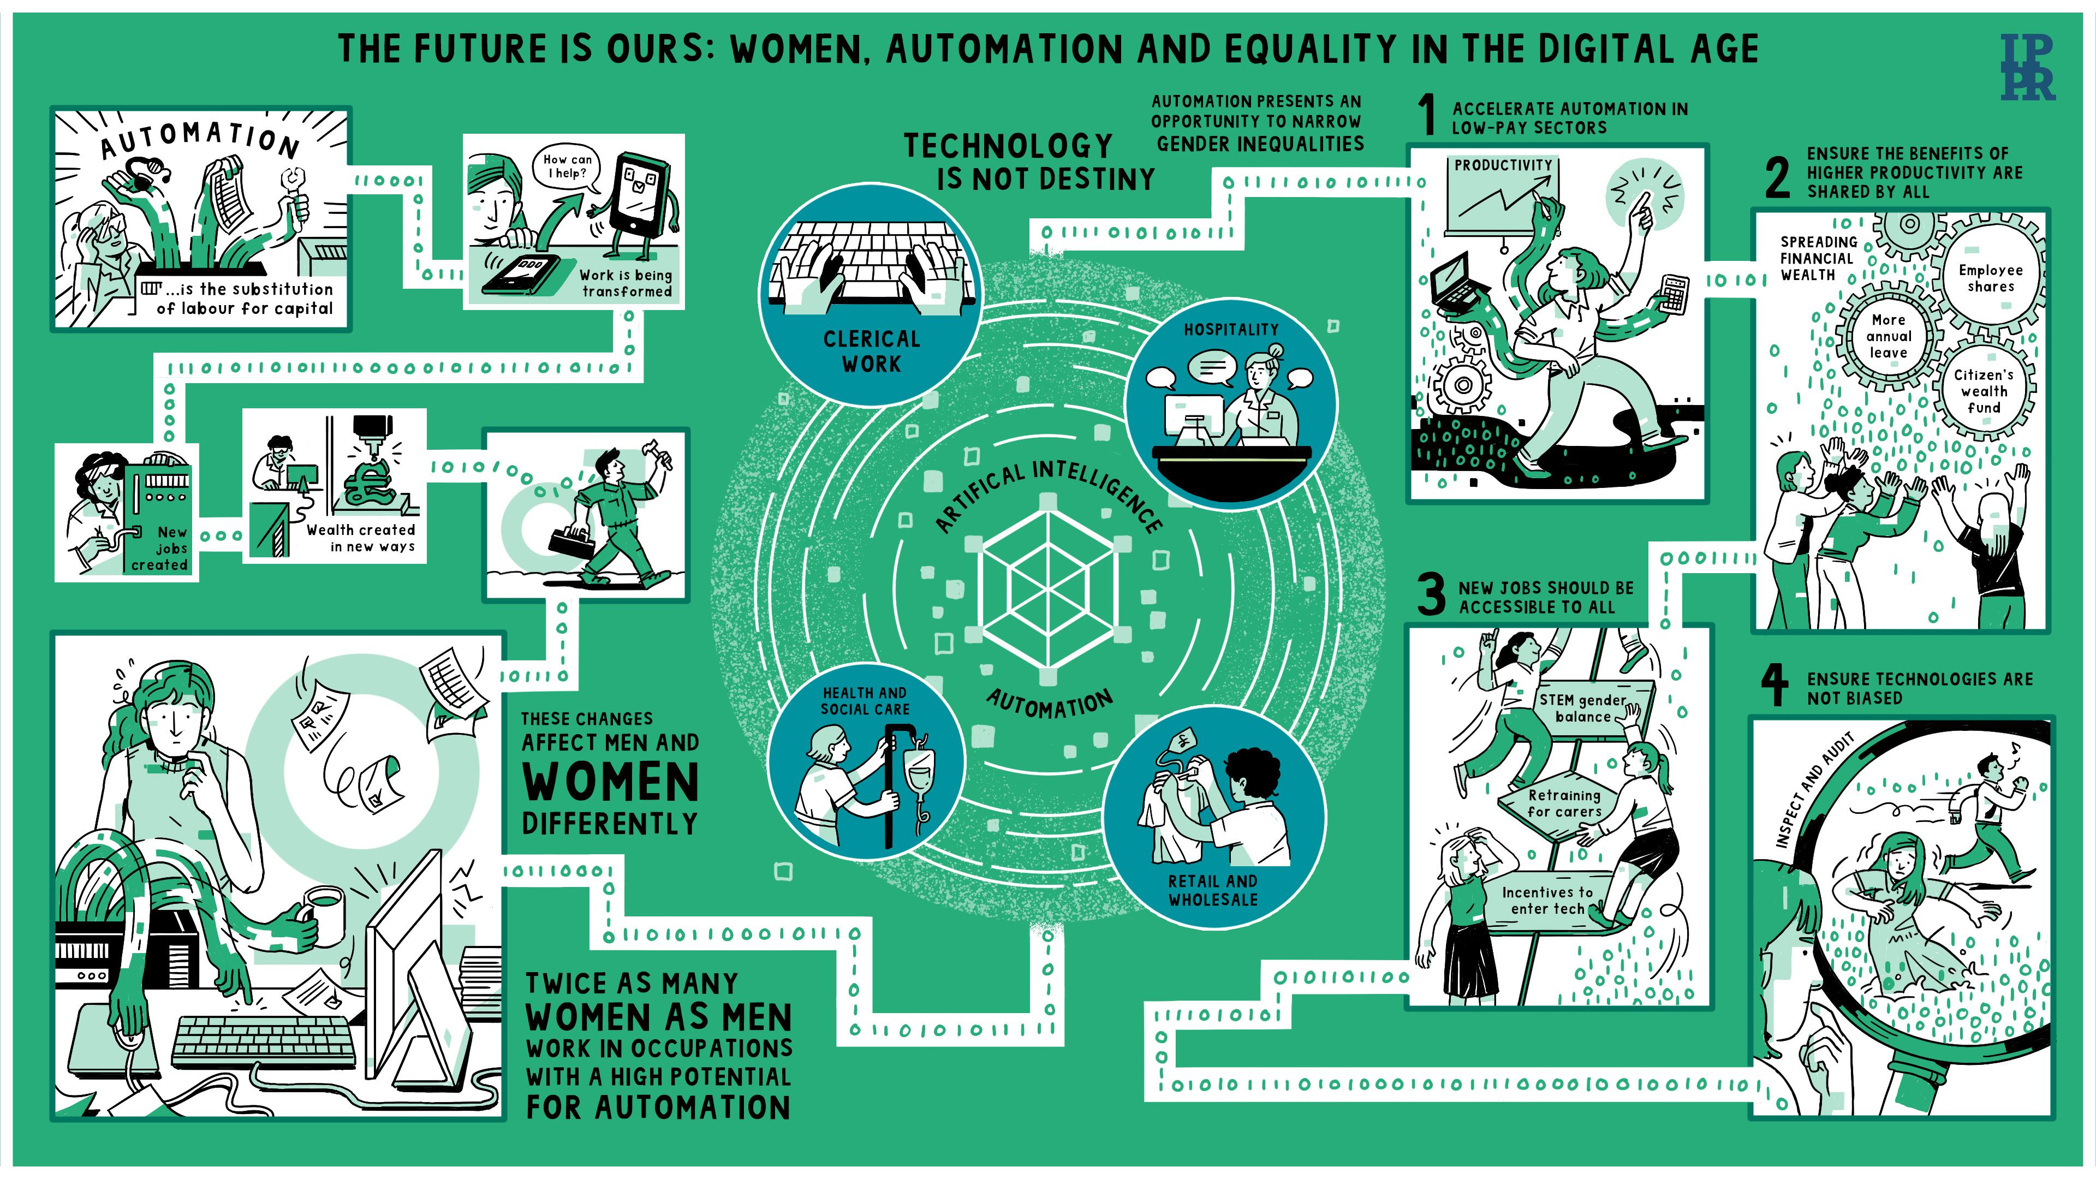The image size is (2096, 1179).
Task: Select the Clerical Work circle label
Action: (x=872, y=352)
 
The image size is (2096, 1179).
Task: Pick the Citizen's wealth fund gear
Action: (x=1983, y=391)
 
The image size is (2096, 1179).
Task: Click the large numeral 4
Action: (x=1775, y=686)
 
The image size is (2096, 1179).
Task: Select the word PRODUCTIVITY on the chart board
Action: (x=1503, y=165)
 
